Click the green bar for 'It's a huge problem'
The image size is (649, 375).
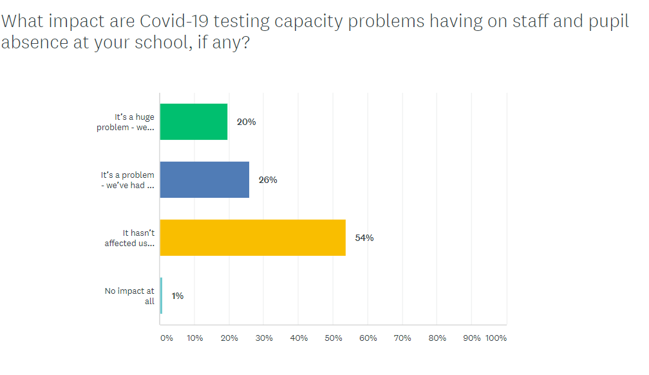tap(193, 122)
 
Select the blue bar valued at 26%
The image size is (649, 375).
tap(204, 180)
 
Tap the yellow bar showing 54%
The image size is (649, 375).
tap(252, 238)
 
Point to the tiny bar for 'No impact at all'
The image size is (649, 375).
tap(161, 296)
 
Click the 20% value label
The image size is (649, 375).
tap(246, 122)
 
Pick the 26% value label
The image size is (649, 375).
tap(268, 180)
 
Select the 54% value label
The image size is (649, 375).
tap(364, 238)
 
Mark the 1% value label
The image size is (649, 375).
tap(178, 296)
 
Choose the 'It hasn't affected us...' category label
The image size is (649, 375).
tap(129, 238)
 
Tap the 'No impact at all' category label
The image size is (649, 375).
tap(129, 296)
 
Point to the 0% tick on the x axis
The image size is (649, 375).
tap(166, 338)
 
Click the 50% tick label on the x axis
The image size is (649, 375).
tap(333, 338)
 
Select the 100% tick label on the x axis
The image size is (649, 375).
tap(496, 338)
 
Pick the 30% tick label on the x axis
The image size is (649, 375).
tap(264, 338)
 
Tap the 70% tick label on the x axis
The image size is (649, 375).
tap(402, 338)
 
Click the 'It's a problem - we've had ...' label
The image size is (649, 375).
tap(127, 180)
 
